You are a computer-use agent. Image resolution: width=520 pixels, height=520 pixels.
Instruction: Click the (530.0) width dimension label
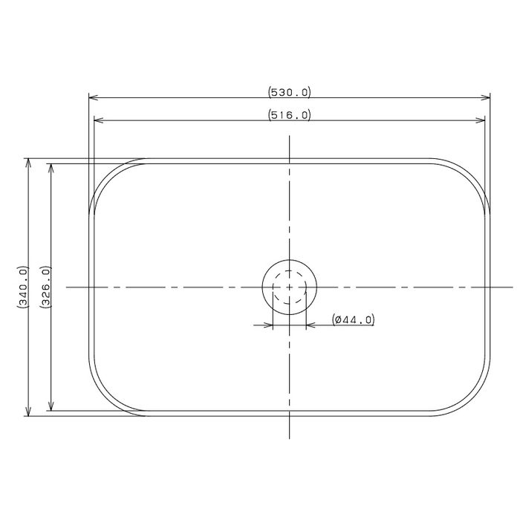290,92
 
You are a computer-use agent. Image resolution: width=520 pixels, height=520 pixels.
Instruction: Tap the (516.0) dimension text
290,115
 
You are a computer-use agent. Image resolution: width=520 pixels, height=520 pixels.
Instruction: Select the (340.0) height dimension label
23,287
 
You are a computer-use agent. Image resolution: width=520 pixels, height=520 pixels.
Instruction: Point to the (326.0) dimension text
45,287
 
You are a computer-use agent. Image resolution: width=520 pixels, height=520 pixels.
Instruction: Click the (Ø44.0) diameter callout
354,319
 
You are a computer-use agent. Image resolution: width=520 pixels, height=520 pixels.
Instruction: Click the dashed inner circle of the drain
290,270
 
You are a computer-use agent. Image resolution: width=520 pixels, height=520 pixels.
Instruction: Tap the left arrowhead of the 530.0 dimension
93,97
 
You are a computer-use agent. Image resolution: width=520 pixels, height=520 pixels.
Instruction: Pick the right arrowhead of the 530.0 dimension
486,97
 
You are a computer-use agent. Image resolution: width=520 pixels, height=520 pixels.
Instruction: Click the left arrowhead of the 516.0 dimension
99,120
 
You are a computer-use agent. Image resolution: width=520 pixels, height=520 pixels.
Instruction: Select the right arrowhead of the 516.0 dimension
481,120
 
